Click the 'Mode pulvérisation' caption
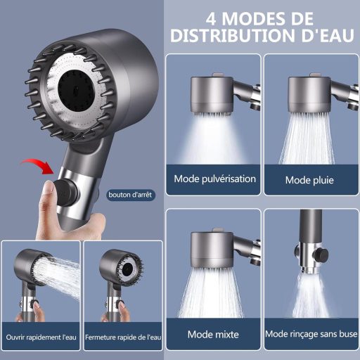click(215, 179)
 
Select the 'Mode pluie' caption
click(309, 180)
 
